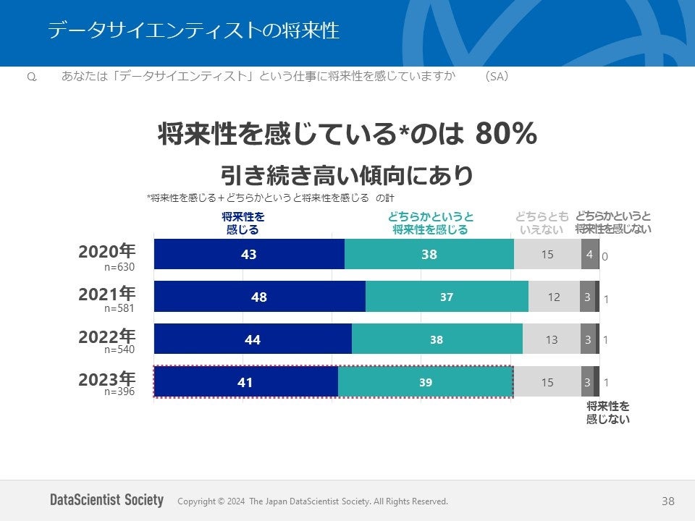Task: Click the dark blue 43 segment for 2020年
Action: (249, 254)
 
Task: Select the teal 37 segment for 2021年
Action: (447, 297)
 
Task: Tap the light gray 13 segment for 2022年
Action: (552, 339)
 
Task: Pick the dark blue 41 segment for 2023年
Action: (245, 382)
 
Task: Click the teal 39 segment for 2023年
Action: (426, 382)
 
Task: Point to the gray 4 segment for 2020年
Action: (590, 254)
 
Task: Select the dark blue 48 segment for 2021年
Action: (259, 297)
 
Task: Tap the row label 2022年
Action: (106, 336)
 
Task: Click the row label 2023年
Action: (106, 378)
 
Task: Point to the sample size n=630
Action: (119, 267)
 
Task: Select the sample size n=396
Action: (119, 391)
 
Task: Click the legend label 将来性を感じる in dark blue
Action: (243, 223)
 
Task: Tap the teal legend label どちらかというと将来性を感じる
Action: (430, 223)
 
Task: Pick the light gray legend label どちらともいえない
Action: (542, 223)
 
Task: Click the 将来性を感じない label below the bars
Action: (607, 412)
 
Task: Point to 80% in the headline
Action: (506, 134)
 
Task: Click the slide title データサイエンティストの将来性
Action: (193, 30)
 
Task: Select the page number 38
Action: (667, 501)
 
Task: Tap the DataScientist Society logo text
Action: (107, 500)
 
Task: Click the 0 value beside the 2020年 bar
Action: (605, 256)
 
